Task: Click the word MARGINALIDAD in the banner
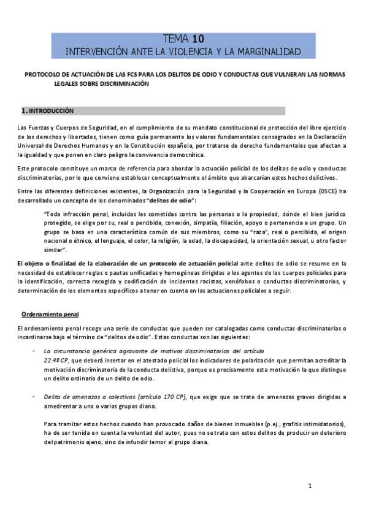[x=266, y=52]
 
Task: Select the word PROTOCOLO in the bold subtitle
[x=44, y=75]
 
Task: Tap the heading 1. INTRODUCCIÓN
[x=48, y=111]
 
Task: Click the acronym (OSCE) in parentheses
[x=326, y=191]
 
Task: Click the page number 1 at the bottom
[x=310, y=486]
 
